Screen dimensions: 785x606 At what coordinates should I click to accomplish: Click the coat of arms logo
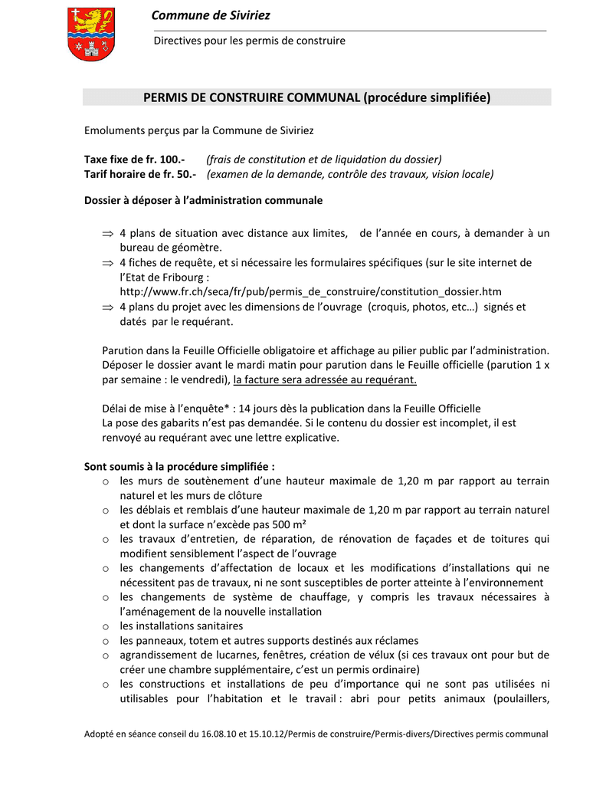click(91, 34)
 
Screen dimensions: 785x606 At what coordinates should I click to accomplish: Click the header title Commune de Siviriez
click(211, 15)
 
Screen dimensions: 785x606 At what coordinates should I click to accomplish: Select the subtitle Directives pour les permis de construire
click(249, 41)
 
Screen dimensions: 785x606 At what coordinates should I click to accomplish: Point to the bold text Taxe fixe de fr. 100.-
click(134, 159)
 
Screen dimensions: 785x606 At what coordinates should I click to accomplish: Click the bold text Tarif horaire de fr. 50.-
click(140, 174)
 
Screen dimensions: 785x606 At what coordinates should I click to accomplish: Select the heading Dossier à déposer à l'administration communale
click(203, 201)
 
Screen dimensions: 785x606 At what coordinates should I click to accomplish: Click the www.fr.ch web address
click(310, 292)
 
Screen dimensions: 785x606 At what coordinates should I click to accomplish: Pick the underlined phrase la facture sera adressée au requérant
click(325, 379)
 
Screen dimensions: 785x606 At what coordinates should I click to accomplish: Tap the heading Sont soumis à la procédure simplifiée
click(179, 466)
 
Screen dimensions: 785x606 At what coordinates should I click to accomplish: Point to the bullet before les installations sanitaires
click(106, 627)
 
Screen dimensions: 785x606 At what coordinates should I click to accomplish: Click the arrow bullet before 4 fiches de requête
click(107, 263)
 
